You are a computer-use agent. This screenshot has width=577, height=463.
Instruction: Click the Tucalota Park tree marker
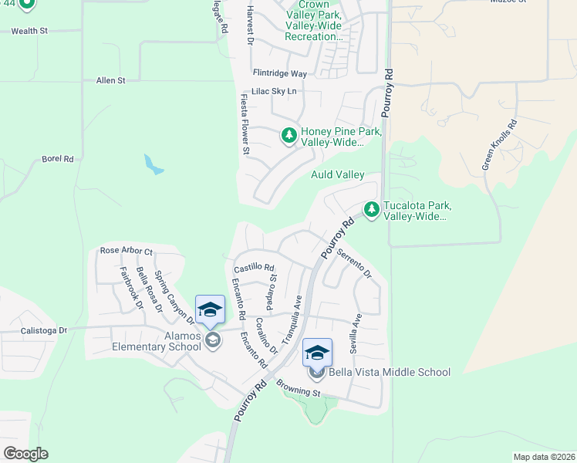point(372,209)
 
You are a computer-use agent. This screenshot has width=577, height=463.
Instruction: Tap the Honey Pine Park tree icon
point(289,137)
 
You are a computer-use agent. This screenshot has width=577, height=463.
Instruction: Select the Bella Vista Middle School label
point(390,373)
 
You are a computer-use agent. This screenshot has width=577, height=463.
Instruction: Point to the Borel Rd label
point(58,159)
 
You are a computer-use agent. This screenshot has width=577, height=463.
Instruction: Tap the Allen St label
point(110,80)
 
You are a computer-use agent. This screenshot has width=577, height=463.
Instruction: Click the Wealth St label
point(29,31)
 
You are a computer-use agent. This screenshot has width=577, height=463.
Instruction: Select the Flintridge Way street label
point(280,74)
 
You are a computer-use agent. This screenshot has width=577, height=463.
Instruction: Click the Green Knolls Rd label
point(499,144)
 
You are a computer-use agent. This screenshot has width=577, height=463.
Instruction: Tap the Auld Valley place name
point(337,175)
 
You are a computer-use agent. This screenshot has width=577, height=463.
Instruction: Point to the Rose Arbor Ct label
point(127,252)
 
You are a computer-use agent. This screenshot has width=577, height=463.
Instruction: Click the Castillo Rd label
point(255,268)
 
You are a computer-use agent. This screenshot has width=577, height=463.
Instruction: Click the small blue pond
point(154,164)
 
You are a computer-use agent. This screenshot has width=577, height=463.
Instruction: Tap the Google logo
point(25,454)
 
